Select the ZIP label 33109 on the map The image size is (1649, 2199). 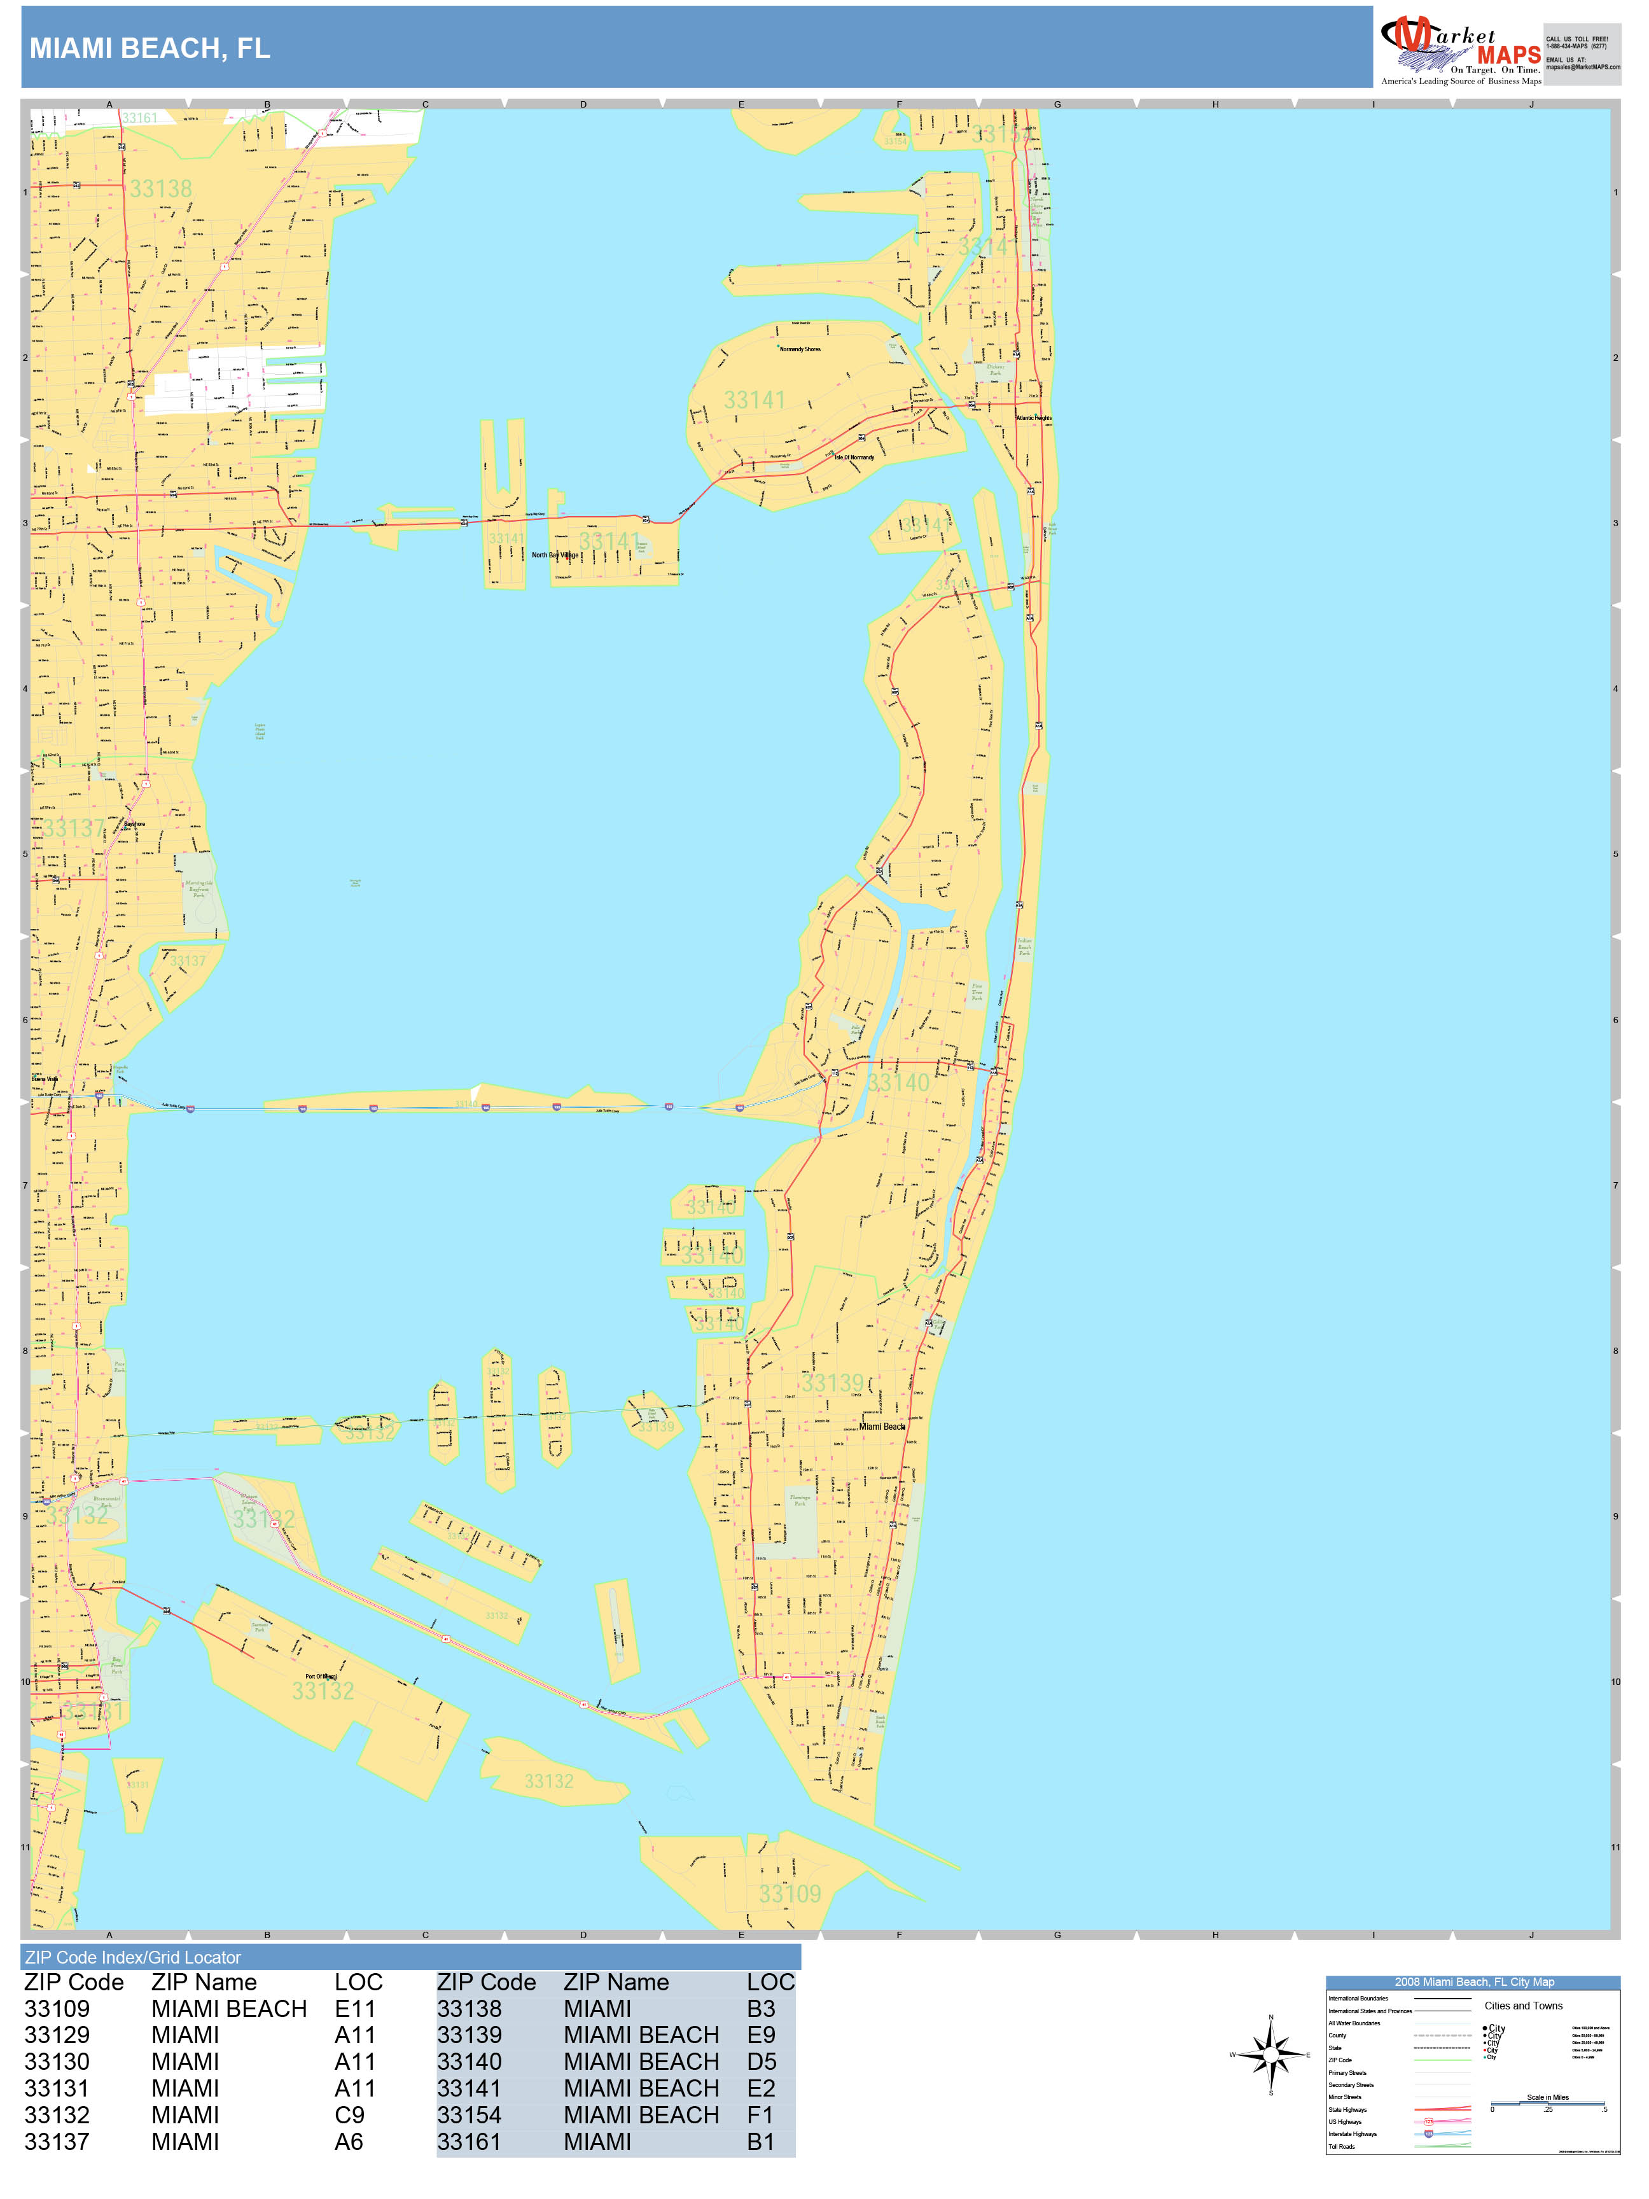[x=790, y=1894]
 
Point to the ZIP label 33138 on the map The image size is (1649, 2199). [x=160, y=189]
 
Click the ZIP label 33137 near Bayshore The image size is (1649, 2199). [x=74, y=827]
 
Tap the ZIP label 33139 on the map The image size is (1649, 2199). [x=833, y=1383]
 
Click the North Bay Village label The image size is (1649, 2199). [x=555, y=555]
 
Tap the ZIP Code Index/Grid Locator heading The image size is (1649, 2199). [x=133, y=1957]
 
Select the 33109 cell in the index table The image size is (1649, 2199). [x=57, y=2009]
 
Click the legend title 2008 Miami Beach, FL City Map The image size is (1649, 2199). [x=1473, y=1982]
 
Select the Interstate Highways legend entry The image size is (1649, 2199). [x=1352, y=2134]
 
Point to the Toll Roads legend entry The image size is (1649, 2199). [x=1341, y=2146]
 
